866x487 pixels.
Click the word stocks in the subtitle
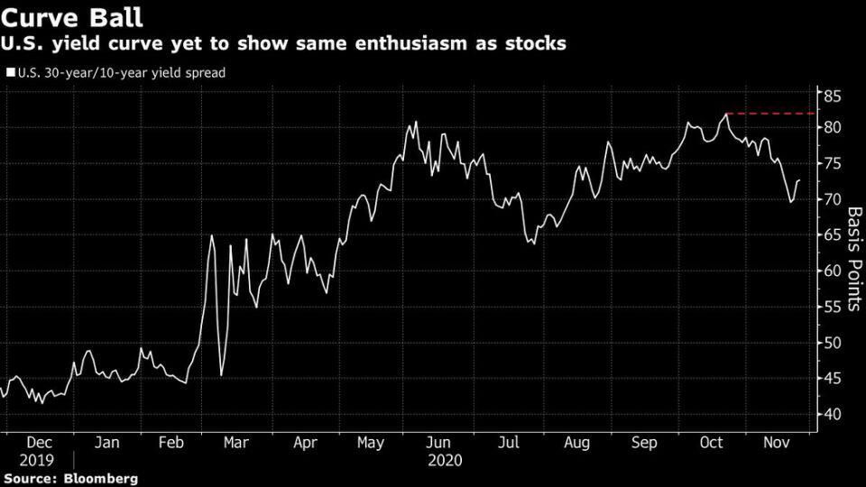[x=532, y=44]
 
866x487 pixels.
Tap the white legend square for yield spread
[x=10, y=73]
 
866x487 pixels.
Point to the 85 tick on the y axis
[x=831, y=95]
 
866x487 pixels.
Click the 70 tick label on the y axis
[x=831, y=199]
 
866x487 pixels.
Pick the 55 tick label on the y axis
[x=831, y=307]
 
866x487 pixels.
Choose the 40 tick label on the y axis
[x=831, y=415]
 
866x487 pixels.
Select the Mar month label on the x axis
[x=235, y=443]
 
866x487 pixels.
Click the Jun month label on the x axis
[x=438, y=443]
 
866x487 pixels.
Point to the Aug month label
[x=576, y=443]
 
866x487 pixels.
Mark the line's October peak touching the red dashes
[x=726, y=114]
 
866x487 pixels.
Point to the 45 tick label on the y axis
[x=831, y=379]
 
